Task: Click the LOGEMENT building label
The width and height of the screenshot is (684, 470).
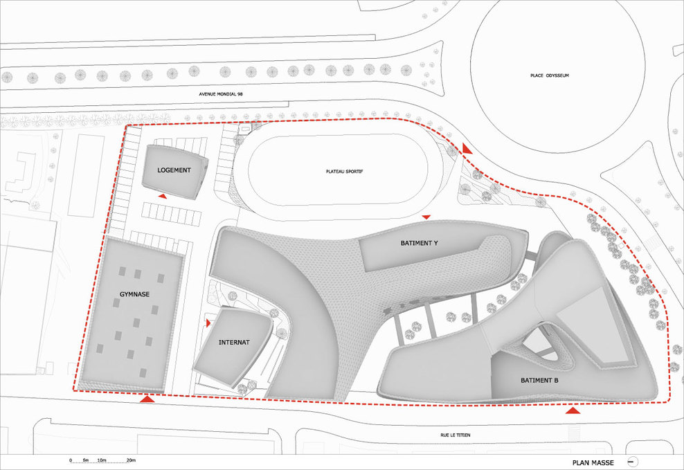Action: click(174, 170)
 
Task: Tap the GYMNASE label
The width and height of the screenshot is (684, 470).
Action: click(135, 294)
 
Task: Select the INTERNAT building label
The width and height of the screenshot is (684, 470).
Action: click(234, 342)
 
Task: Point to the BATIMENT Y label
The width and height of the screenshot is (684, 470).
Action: click(420, 243)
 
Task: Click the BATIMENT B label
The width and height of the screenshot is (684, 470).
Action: click(539, 380)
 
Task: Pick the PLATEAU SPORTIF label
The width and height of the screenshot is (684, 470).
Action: click(345, 172)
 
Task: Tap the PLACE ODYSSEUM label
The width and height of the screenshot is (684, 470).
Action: click(550, 75)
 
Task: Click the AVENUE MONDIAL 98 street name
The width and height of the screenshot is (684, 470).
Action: click(221, 93)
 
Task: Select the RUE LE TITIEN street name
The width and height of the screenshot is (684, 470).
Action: click(456, 435)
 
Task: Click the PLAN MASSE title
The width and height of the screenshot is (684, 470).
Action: click(593, 462)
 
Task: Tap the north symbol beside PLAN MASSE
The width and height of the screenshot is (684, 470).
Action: click(633, 462)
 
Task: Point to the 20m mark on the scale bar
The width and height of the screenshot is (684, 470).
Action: click(131, 460)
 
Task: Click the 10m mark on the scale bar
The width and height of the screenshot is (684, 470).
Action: click(102, 460)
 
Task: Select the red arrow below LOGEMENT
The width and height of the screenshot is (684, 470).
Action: click(162, 197)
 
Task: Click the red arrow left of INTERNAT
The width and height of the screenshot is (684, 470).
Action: click(208, 323)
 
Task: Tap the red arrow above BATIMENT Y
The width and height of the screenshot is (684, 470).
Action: click(426, 217)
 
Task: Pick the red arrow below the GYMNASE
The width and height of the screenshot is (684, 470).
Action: click(147, 399)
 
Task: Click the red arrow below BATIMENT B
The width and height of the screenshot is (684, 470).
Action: click(573, 410)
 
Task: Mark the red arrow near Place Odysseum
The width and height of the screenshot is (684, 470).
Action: click(467, 149)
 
